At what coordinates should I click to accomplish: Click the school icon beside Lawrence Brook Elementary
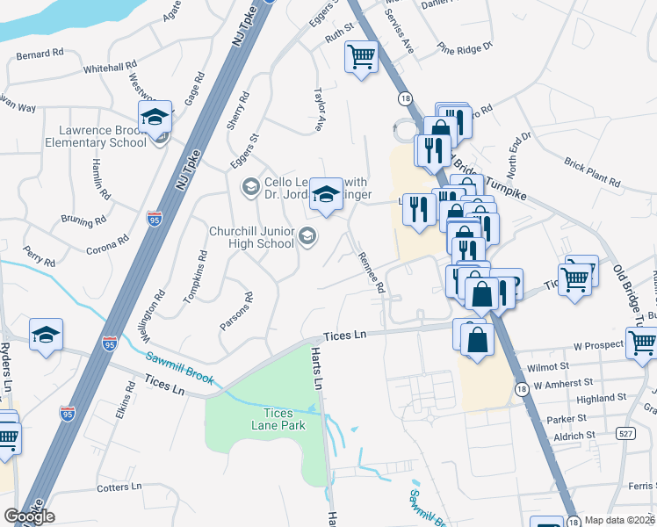click(154, 118)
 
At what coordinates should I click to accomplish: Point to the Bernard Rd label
click(40, 53)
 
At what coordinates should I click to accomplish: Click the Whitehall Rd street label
click(110, 66)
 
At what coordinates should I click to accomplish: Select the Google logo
click(29, 516)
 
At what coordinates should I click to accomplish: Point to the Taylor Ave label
click(321, 109)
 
